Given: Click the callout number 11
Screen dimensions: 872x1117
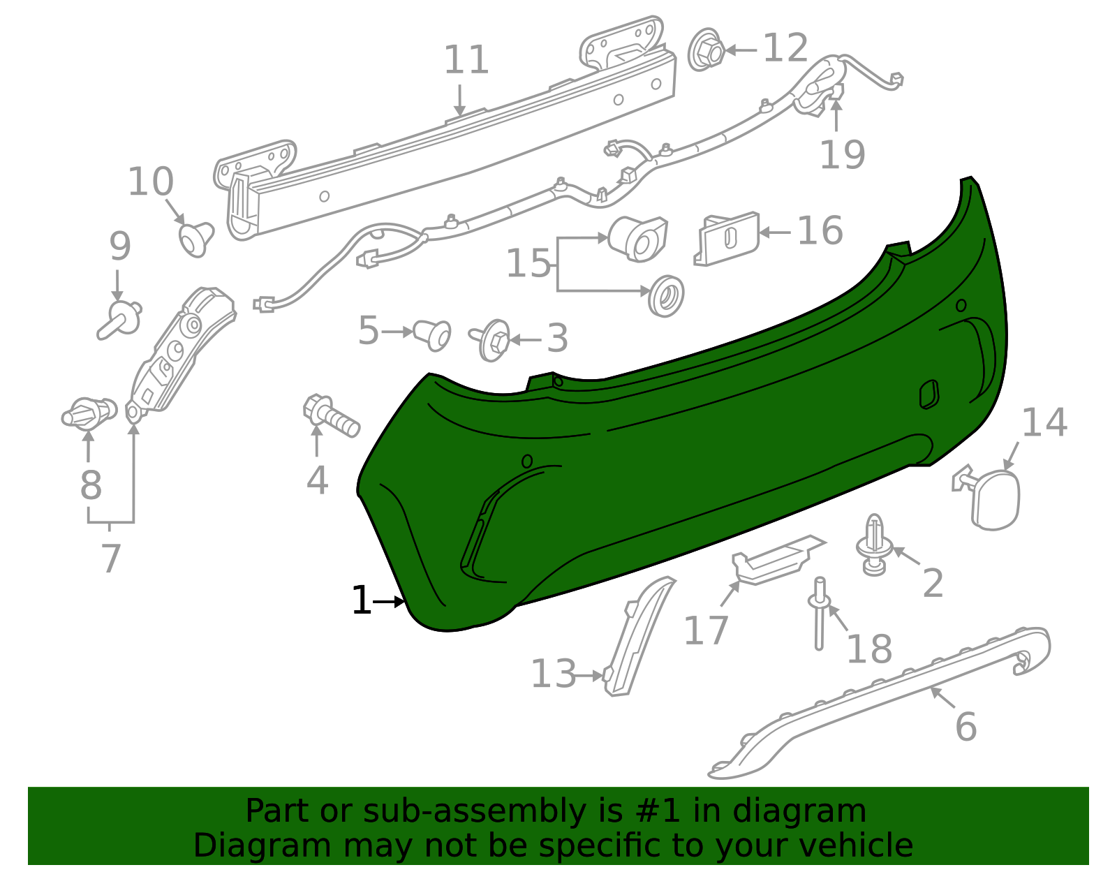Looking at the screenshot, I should click(x=466, y=60).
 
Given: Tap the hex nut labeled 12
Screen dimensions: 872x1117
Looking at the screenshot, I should click(x=707, y=50).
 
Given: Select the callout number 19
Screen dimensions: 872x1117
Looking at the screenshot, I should click(x=842, y=155).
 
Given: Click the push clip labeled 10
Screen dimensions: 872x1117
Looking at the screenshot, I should click(x=195, y=237).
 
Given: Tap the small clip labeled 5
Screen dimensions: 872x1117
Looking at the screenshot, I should click(x=433, y=334).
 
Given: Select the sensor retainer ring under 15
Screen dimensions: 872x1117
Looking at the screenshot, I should click(x=666, y=295).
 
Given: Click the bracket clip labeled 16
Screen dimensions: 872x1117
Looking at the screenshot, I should click(x=728, y=238).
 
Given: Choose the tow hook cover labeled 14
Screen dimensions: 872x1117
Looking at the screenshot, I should click(x=994, y=498).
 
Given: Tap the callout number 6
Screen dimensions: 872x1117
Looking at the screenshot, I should click(x=966, y=727).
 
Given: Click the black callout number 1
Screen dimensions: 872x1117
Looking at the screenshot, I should click(x=361, y=601).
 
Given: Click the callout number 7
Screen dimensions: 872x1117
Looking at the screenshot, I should click(x=111, y=558).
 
